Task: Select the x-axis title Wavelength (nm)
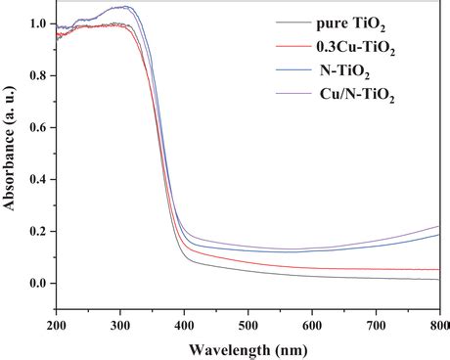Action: point(248,347)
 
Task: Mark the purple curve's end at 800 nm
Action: point(439,226)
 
